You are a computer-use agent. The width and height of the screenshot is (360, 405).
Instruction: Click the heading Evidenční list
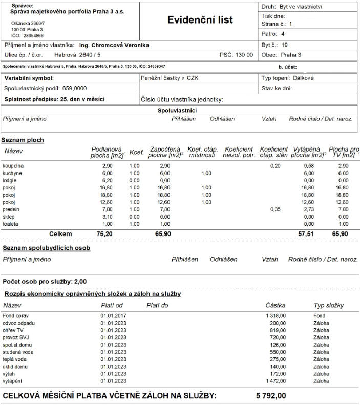(x=200, y=20)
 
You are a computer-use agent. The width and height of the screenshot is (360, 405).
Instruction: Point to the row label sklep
(x=9, y=217)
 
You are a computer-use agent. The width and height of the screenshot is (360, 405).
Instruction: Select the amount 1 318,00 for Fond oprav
(x=275, y=316)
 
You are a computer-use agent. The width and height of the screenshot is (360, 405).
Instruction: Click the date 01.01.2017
(x=113, y=316)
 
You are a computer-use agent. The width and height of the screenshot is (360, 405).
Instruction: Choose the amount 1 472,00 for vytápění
(x=275, y=381)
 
